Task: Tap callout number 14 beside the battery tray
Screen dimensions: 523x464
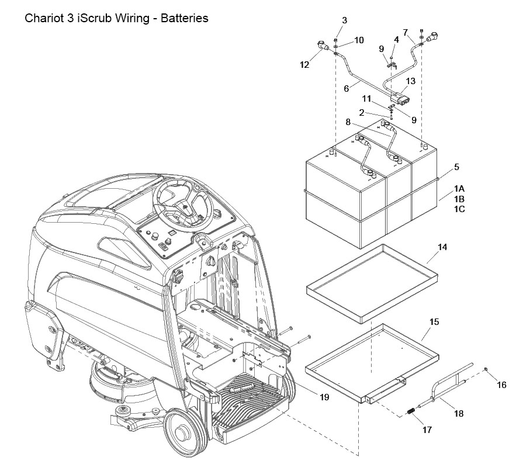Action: point(442,247)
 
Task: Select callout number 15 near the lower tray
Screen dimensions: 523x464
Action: point(434,322)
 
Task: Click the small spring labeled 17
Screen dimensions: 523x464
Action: point(411,412)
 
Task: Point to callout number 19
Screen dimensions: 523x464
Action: point(324,397)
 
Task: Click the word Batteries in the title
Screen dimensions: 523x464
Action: point(185,18)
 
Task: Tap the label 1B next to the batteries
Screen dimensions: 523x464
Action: point(459,199)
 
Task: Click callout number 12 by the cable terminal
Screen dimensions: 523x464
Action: point(304,65)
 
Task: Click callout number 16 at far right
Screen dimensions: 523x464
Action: point(501,385)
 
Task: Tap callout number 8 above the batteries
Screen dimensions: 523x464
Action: point(348,122)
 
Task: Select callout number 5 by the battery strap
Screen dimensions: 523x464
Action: point(456,167)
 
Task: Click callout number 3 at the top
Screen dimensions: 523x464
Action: point(345,20)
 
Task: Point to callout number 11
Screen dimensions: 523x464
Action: point(366,99)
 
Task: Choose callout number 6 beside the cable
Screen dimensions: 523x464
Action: point(346,89)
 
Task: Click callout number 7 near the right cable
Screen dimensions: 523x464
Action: point(406,32)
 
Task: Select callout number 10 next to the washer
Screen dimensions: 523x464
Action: point(359,40)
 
